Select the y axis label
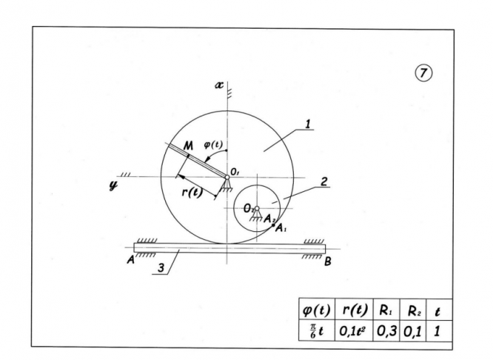point(113,181)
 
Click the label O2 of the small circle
point(248,210)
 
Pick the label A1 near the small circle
point(281,228)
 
